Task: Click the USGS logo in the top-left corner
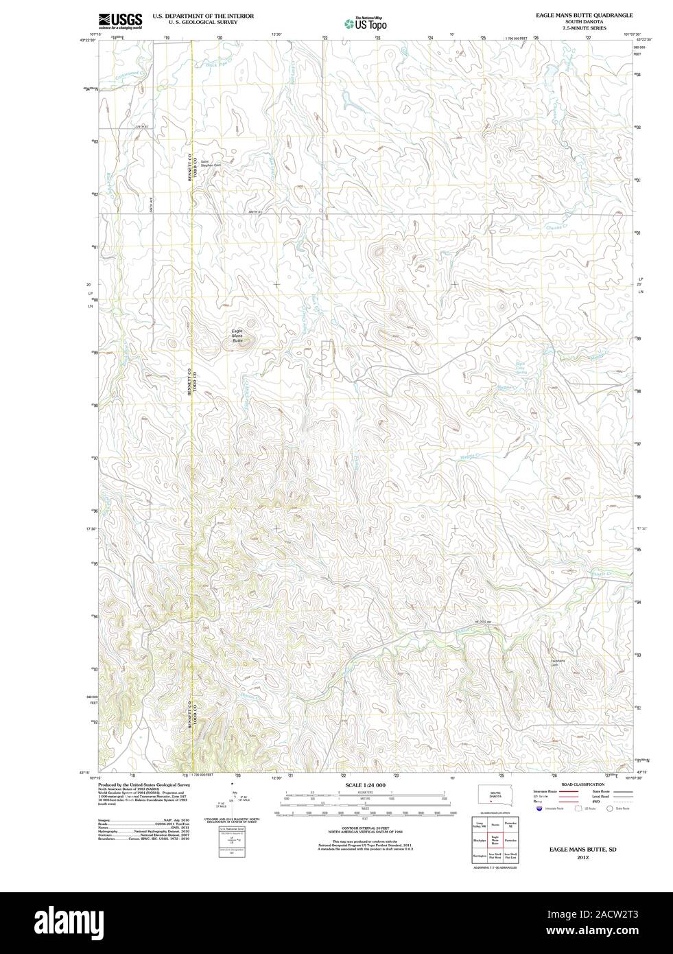point(120,21)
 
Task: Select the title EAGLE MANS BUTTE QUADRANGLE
point(584,14)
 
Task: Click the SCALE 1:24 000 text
point(365,785)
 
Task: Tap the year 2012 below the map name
point(582,857)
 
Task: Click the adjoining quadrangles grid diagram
point(494,838)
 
